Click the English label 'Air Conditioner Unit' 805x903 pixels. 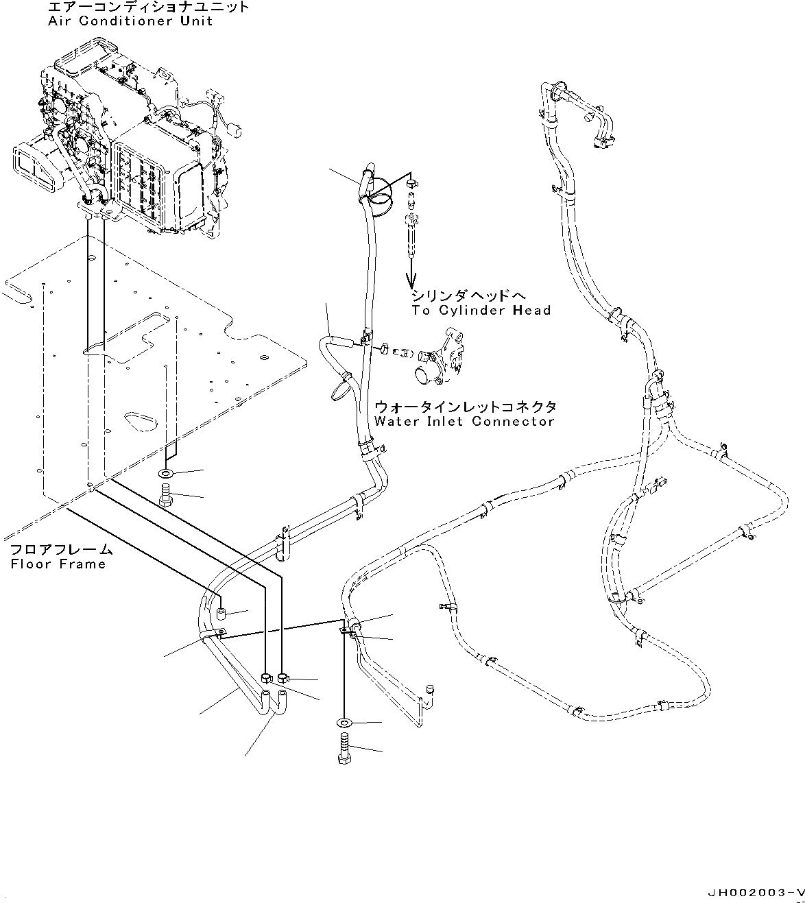(x=130, y=21)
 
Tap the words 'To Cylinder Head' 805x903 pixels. (x=481, y=311)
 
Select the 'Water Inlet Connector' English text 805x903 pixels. (x=464, y=421)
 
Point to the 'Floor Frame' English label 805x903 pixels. (x=58, y=564)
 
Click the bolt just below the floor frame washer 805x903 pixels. (x=167, y=496)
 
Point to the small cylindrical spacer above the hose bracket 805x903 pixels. (x=221, y=612)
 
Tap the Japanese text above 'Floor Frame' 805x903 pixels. (x=60, y=550)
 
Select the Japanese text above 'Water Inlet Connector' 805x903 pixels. (x=465, y=406)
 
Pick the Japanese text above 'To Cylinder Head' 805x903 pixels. (x=469, y=296)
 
